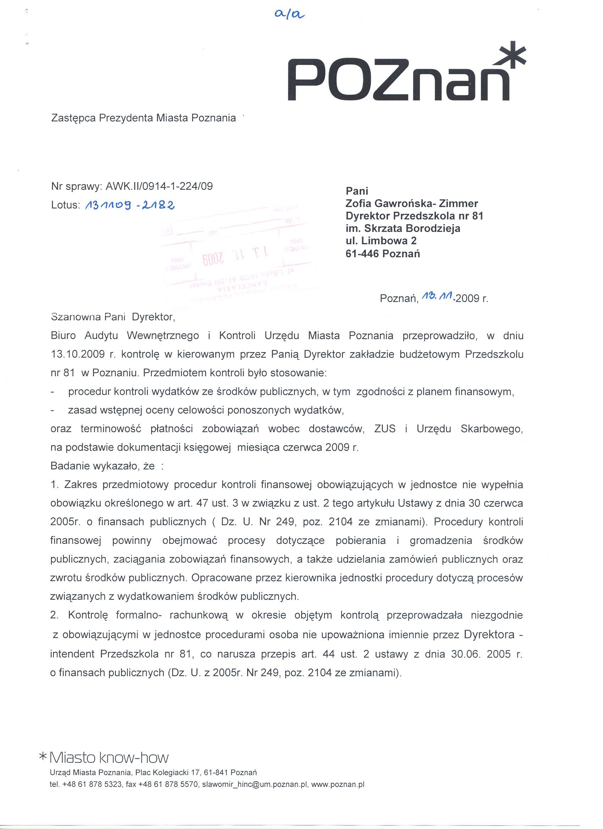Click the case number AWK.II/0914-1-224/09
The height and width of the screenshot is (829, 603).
pyautogui.click(x=159, y=187)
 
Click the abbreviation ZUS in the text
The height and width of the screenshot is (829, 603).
pyautogui.click(x=385, y=429)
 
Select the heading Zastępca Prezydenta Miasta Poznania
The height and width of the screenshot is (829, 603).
pyautogui.click(x=143, y=118)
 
